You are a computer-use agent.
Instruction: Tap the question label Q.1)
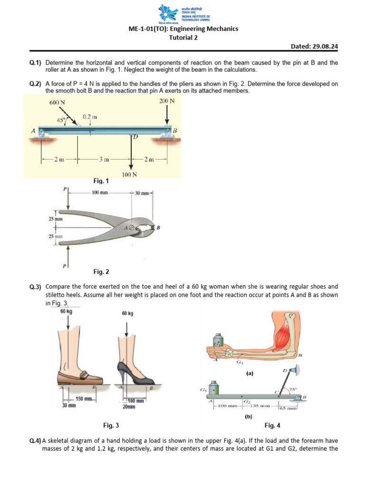click(36, 63)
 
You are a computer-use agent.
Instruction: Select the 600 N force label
click(57, 102)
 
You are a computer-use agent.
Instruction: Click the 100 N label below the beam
click(129, 174)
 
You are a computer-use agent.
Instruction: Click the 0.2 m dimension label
click(90, 116)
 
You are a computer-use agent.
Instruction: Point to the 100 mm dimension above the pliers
click(100, 193)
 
